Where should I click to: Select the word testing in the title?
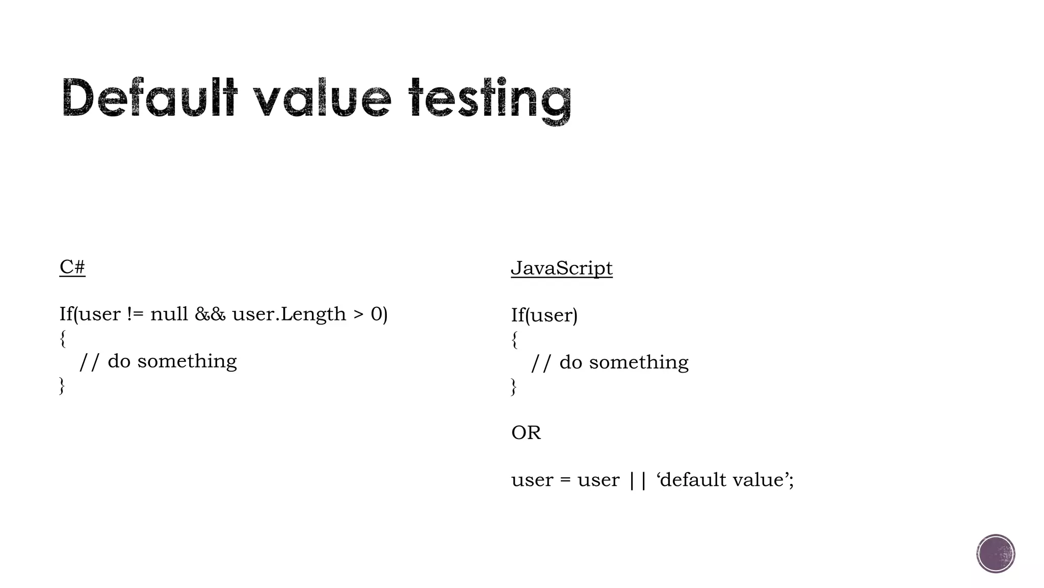click(x=489, y=99)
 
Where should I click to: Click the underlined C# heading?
click(x=72, y=267)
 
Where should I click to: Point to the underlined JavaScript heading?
click(x=561, y=268)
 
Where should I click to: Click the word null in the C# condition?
click(x=169, y=314)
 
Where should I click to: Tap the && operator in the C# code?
click(x=210, y=314)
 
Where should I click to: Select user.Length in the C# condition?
click(x=289, y=314)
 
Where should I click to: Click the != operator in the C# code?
click(x=135, y=314)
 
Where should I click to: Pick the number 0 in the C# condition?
click(x=376, y=314)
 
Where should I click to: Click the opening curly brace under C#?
click(x=63, y=338)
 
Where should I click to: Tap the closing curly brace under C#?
click(x=62, y=385)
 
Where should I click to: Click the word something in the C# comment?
click(x=187, y=361)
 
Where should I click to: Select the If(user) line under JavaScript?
click(x=544, y=315)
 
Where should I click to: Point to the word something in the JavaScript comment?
click(x=639, y=363)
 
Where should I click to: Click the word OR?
click(x=526, y=433)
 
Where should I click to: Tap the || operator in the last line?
click(x=637, y=480)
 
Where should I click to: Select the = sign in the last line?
click(x=565, y=480)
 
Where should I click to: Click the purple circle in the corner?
click(x=996, y=554)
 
